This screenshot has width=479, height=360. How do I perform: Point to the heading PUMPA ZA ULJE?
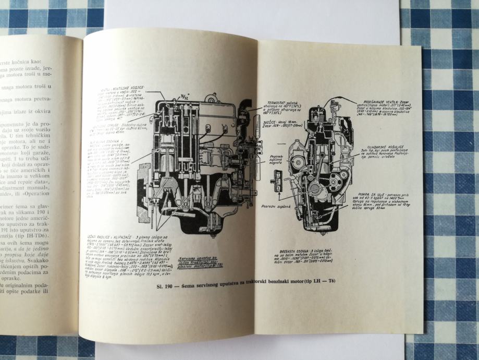pos(371,191)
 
